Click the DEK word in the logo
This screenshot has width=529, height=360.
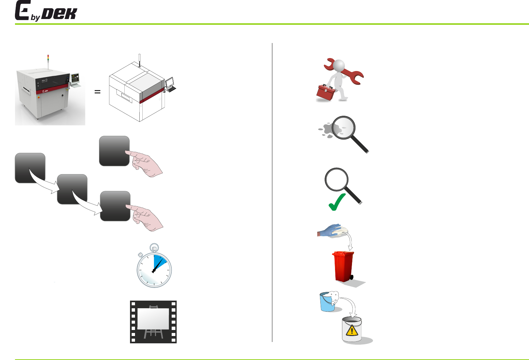click(60, 14)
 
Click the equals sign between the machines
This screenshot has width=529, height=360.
click(97, 91)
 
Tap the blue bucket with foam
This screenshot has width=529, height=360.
click(328, 302)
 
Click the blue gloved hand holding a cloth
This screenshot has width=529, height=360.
click(330, 230)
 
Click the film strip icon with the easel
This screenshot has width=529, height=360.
click(153, 322)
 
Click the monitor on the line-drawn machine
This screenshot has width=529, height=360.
click(170, 82)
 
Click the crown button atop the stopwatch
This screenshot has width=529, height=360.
click(154, 248)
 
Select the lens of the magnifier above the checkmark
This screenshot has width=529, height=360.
click(336, 179)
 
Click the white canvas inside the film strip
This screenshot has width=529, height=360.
click(153, 318)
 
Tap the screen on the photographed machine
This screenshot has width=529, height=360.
click(75, 79)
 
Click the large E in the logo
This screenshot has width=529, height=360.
click(22, 11)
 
